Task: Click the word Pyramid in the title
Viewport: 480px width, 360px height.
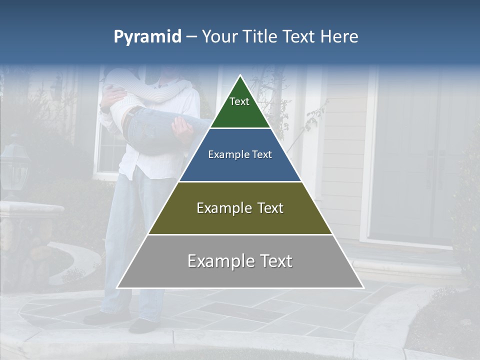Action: tap(147, 37)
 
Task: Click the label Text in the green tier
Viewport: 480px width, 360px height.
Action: tap(239, 101)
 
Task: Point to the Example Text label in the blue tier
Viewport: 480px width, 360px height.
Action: tap(240, 154)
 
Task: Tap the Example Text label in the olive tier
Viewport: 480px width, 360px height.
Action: tap(240, 208)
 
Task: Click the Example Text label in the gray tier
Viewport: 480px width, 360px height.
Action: tap(240, 261)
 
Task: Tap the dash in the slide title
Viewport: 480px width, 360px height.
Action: tap(191, 37)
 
